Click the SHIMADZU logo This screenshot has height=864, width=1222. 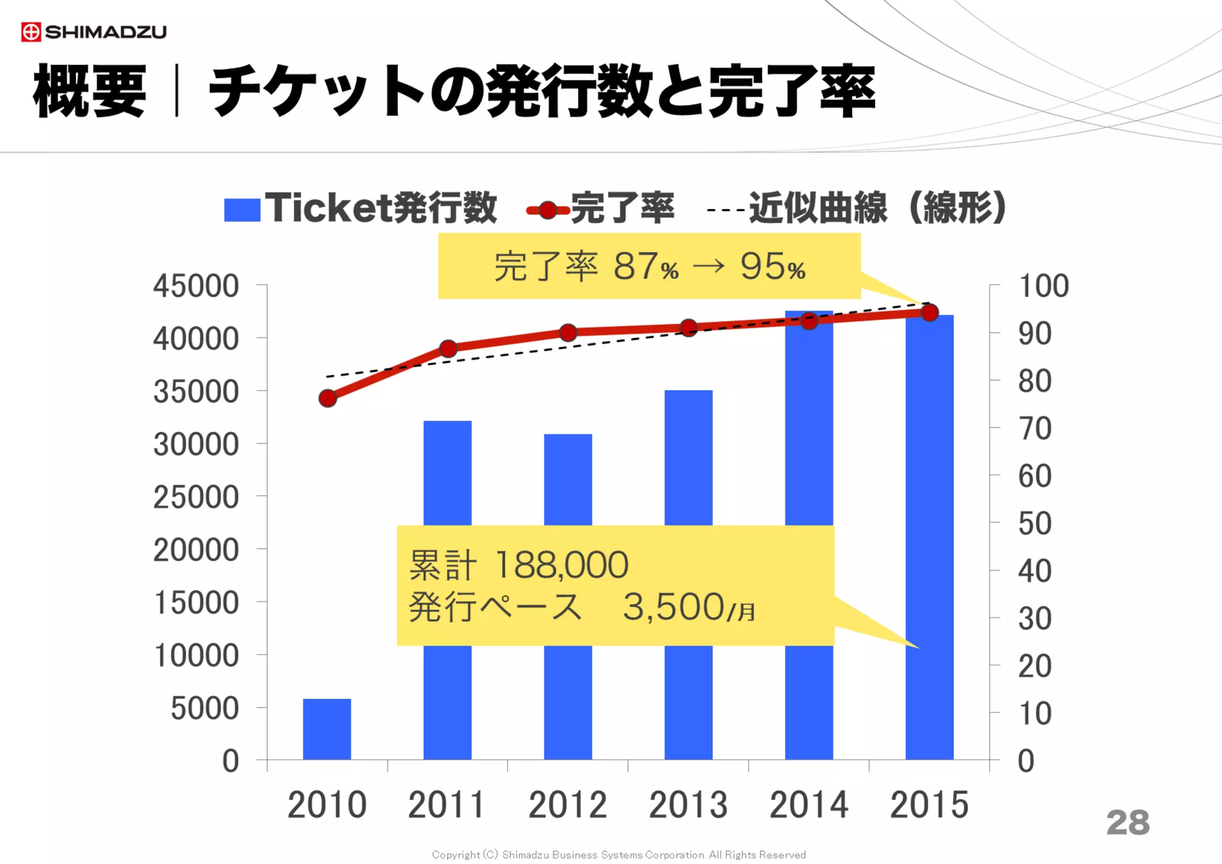pyautogui.click(x=94, y=32)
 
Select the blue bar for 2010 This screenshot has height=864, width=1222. pyautogui.click(x=327, y=729)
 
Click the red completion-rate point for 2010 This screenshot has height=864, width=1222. pyautogui.click(x=328, y=398)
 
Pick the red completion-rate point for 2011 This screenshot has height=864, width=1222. pyautogui.click(x=448, y=348)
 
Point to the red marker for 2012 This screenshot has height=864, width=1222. pyautogui.click(x=568, y=332)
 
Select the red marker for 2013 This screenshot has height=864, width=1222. pyautogui.click(x=689, y=328)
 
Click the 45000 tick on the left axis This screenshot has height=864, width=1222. pyautogui.click(x=196, y=286)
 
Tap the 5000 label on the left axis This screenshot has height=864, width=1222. pyautogui.click(x=205, y=708)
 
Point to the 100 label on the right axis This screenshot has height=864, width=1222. pyautogui.click(x=1044, y=286)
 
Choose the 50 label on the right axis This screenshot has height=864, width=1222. pyautogui.click(x=1035, y=523)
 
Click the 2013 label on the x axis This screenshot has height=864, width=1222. pyautogui.click(x=689, y=804)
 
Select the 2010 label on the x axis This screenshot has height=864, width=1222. pyautogui.click(x=327, y=804)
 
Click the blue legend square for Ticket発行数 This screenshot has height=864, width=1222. pyautogui.click(x=242, y=209)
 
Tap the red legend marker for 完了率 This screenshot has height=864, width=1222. pyautogui.click(x=548, y=210)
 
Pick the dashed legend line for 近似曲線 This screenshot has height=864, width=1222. pyautogui.click(x=726, y=210)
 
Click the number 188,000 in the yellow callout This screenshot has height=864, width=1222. pyautogui.click(x=561, y=564)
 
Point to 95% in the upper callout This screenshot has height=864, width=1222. pyautogui.click(x=773, y=266)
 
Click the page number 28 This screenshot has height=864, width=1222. pyautogui.click(x=1128, y=822)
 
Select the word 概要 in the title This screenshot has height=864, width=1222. pyautogui.click(x=90, y=91)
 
